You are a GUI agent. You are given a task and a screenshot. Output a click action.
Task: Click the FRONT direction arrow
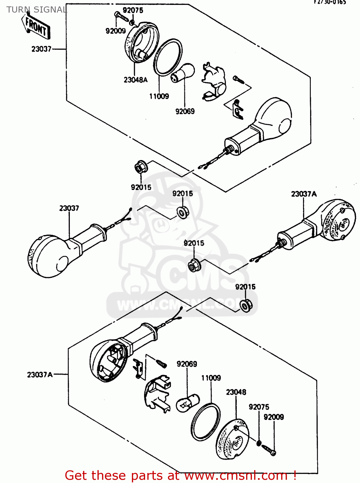point(35,26)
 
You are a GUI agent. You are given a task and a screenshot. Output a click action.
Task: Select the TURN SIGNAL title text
point(37,10)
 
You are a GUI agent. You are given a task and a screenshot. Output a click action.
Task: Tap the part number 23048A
point(135,80)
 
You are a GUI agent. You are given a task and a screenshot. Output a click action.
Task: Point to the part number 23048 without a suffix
point(236,392)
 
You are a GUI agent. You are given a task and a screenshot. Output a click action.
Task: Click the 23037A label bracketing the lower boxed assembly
point(40,375)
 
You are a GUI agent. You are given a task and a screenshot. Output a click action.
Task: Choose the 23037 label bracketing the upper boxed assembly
point(41,49)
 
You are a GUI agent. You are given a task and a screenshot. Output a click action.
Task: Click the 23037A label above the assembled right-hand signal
point(304,194)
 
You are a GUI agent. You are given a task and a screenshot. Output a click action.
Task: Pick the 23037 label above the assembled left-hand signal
point(69,208)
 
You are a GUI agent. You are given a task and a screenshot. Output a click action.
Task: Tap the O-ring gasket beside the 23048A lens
point(168,57)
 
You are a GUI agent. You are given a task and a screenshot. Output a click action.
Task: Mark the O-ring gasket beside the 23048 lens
point(206,422)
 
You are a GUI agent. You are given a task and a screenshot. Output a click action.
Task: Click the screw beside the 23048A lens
point(121,17)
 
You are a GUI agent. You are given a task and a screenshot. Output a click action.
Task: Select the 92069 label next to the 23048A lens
point(185,111)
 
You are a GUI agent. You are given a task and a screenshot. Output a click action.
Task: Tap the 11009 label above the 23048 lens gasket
point(211,378)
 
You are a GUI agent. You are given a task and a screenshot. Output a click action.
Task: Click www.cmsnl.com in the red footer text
point(236,476)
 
